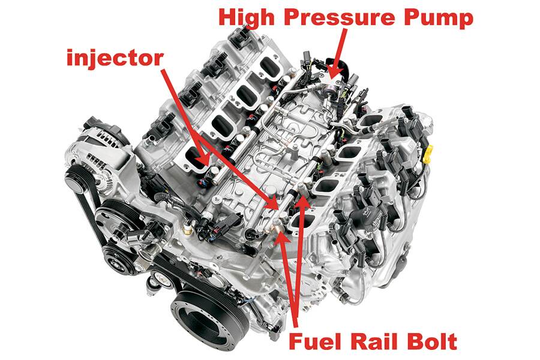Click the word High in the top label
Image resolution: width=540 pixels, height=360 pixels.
(x=248, y=17)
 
